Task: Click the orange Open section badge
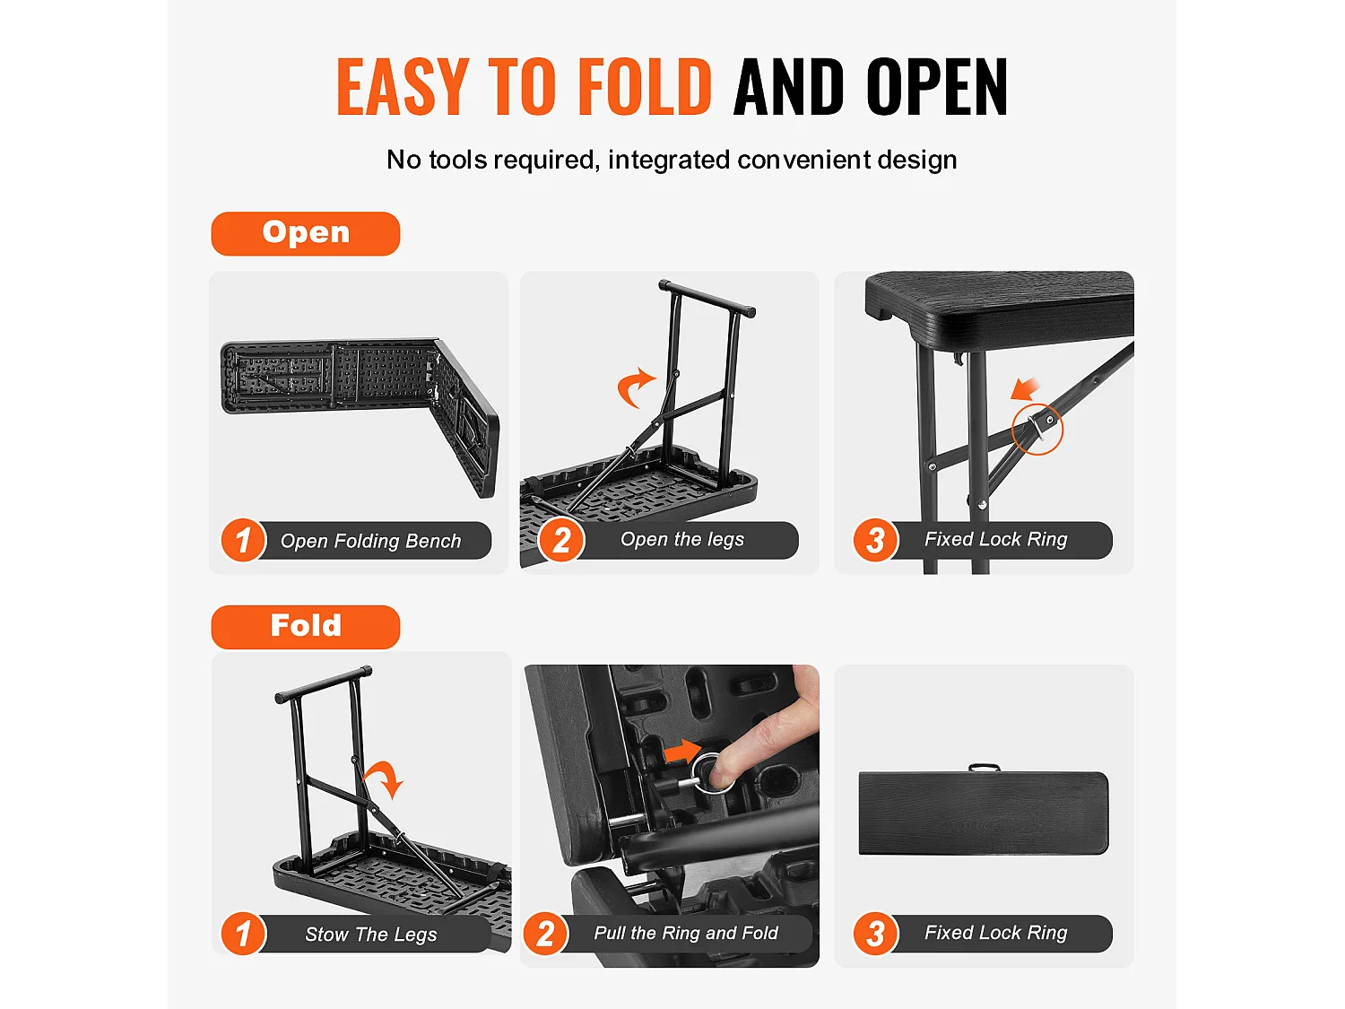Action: tap(305, 233)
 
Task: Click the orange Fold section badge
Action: tap(305, 627)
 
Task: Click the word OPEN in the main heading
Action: tap(937, 86)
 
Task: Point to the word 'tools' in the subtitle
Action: tap(458, 160)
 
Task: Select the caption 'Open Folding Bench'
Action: tap(370, 541)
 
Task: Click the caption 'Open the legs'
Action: tap(682, 539)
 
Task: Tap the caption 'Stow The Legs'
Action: tap(370, 935)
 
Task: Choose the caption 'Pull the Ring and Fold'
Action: tap(686, 933)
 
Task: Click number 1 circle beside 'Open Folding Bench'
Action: tap(243, 540)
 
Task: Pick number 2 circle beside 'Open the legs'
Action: tap(561, 540)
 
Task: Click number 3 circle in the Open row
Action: tap(876, 540)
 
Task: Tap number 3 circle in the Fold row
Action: tap(876, 934)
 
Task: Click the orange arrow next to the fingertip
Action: tap(682, 752)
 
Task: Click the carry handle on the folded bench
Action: tap(985, 767)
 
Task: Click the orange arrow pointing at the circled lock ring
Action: tap(1025, 389)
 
